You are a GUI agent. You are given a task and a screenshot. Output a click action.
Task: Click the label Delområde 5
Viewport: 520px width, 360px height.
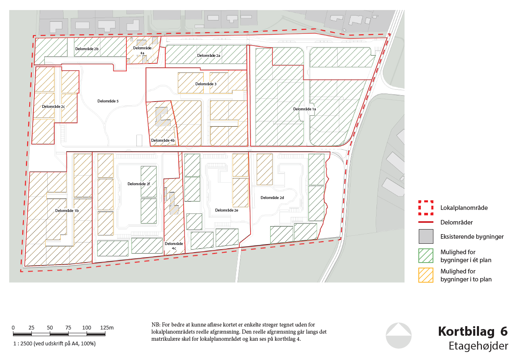click(108, 101)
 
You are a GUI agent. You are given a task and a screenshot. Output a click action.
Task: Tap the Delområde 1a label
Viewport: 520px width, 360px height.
click(305, 109)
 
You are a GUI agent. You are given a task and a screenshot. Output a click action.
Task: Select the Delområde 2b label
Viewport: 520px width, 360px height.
click(87, 49)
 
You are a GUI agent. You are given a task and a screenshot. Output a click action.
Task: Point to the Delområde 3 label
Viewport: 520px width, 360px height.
click(206, 84)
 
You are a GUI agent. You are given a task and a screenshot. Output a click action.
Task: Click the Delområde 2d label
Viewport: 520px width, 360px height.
click(272, 198)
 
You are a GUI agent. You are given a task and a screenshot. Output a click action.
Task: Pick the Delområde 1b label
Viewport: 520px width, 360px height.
click(67, 211)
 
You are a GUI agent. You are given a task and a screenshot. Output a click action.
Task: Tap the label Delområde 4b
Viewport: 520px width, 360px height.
click(163, 140)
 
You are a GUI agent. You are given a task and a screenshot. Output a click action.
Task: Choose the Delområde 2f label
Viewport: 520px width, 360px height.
click(139, 184)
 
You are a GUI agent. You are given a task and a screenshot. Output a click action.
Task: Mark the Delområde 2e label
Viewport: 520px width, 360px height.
click(227, 210)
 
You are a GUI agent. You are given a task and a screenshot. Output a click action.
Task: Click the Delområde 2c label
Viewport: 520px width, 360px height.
click(54, 107)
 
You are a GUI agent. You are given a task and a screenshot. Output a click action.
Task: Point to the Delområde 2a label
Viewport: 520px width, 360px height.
click(209, 56)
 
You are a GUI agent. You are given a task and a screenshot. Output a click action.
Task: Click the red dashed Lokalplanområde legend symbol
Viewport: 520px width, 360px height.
click(426, 208)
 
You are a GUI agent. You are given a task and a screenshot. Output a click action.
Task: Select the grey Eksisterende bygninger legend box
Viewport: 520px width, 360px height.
click(426, 236)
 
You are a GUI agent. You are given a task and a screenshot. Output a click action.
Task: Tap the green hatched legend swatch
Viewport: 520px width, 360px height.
click(426, 255)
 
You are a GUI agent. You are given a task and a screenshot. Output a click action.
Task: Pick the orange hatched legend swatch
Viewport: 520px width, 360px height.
click(426, 275)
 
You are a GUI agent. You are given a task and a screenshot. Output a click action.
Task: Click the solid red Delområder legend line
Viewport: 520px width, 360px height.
click(426, 222)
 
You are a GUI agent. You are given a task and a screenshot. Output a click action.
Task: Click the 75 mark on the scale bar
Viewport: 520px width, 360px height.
click(68, 327)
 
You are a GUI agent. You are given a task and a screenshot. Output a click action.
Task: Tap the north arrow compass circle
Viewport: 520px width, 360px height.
click(399, 335)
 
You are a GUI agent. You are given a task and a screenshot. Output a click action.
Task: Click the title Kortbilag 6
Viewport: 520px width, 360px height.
click(473, 331)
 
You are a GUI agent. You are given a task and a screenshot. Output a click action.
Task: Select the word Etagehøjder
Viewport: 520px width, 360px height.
click(478, 346)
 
